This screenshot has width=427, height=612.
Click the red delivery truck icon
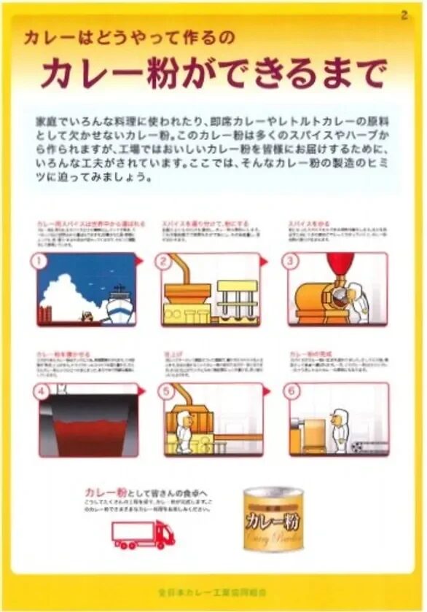point(143,535)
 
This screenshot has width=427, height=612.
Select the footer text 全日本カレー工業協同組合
point(213,587)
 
